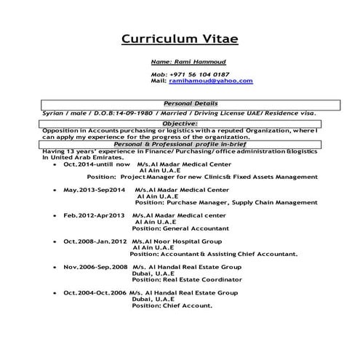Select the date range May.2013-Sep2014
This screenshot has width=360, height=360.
point(95,189)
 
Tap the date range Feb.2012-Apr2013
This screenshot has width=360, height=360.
point(95,215)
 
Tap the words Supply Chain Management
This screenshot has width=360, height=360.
point(266,202)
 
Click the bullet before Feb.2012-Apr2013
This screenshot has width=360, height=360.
point(56,216)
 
